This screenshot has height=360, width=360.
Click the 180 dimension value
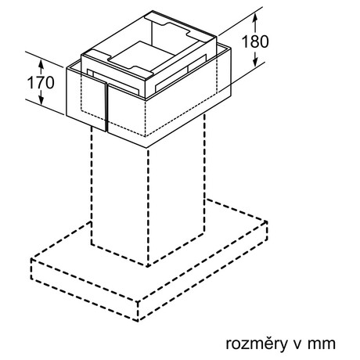point(255,41)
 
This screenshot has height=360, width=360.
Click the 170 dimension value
point(41,82)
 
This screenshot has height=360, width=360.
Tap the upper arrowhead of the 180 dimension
point(255,18)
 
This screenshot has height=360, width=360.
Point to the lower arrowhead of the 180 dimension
point(255,62)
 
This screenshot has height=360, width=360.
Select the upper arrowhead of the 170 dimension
point(41,64)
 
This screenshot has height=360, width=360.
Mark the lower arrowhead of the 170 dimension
point(41,99)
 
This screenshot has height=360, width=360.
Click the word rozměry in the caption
point(256,344)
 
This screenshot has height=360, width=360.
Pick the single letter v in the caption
point(297,344)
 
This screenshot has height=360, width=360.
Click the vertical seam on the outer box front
point(106,108)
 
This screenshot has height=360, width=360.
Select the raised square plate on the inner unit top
point(143,59)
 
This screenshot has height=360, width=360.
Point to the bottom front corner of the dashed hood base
point(139,320)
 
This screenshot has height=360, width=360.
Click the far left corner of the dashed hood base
point(31,260)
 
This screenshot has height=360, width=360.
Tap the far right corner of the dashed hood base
point(267,222)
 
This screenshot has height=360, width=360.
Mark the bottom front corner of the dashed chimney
point(148,266)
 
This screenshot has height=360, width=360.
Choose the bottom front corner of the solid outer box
point(146,148)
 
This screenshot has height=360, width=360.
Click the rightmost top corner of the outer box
point(231,49)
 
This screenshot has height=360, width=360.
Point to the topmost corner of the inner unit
point(153,11)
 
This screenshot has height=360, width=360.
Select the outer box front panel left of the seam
point(86,100)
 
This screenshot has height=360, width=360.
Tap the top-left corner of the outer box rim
point(67,68)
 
